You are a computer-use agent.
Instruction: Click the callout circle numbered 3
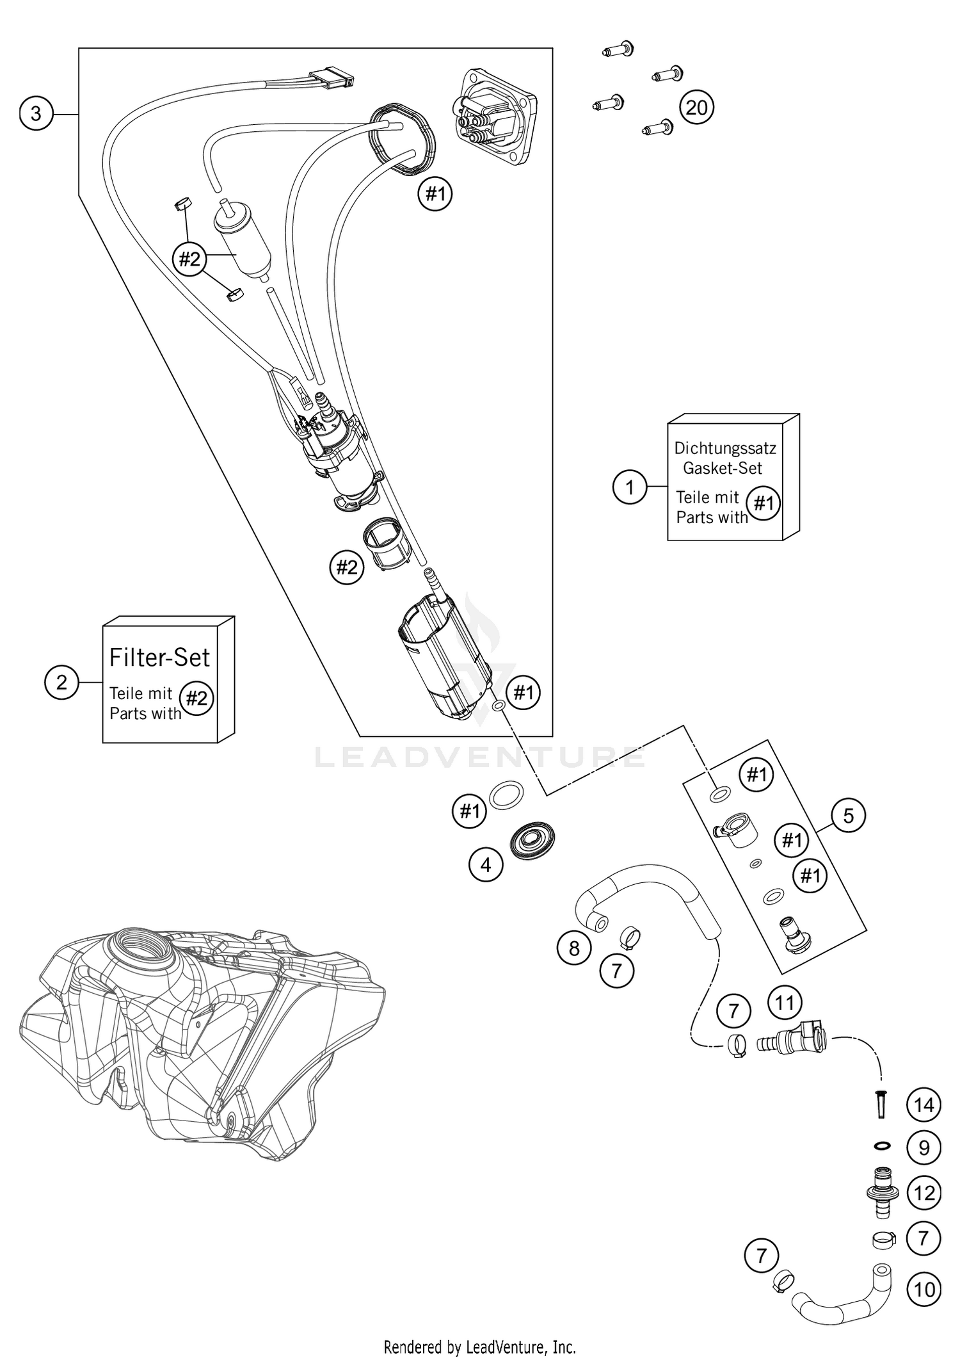point(36,113)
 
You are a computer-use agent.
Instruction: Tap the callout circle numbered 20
point(696,107)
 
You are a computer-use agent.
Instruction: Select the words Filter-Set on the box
point(159,657)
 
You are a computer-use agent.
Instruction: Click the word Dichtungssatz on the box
point(724,448)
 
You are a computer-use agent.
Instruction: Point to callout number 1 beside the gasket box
point(630,487)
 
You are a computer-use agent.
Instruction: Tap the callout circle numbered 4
point(486,864)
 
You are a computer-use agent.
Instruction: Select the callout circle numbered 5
point(848,815)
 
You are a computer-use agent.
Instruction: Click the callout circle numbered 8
point(574,948)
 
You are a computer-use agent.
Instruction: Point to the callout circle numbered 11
point(785,1003)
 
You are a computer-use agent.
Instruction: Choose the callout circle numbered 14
point(924,1105)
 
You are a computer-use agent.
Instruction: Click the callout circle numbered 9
point(924,1148)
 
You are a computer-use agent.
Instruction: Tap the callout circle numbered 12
point(924,1193)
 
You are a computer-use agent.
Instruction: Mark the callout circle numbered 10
point(924,1289)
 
